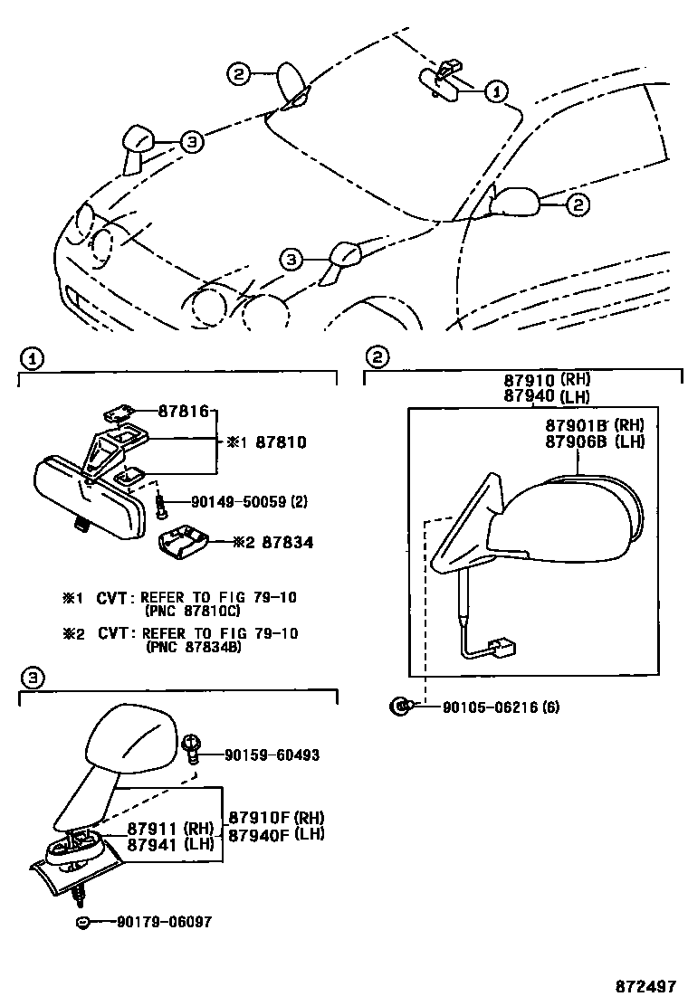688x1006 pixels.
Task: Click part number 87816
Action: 186,412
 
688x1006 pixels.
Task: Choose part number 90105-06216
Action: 489,707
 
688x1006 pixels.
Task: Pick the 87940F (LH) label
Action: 275,834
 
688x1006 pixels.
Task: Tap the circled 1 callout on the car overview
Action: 495,90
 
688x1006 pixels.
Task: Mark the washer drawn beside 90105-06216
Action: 397,707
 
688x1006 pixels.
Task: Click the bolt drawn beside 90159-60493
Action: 191,745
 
